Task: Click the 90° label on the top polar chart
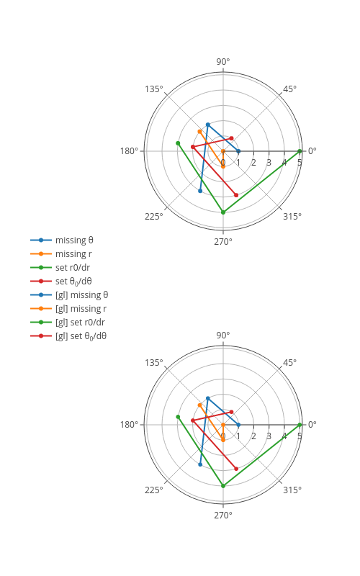pyautogui.click(x=223, y=61)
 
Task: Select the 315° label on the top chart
pyautogui.click(x=292, y=217)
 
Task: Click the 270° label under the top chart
pyautogui.click(x=223, y=241)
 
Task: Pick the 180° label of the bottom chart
pyautogui.click(x=130, y=424)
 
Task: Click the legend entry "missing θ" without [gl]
pyautogui.click(x=74, y=240)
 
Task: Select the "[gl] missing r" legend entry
pyautogui.click(x=81, y=309)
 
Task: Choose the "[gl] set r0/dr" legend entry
pyautogui.click(x=80, y=322)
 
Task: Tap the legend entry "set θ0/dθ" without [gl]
pyautogui.click(x=73, y=282)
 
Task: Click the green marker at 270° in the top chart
pyautogui.click(x=223, y=212)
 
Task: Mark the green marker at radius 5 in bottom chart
pyautogui.click(x=300, y=425)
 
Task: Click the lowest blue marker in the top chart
pyautogui.click(x=200, y=191)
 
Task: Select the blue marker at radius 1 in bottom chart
pyautogui.click(x=238, y=425)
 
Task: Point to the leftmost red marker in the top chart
pyautogui.click(x=193, y=147)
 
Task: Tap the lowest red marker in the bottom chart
pyautogui.click(x=236, y=469)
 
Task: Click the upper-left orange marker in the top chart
pyautogui.click(x=200, y=132)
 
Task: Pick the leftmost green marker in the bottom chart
pyautogui.click(x=178, y=417)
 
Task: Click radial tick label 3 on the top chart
pyautogui.click(x=269, y=163)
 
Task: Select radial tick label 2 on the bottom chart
pyautogui.click(x=253, y=436)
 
